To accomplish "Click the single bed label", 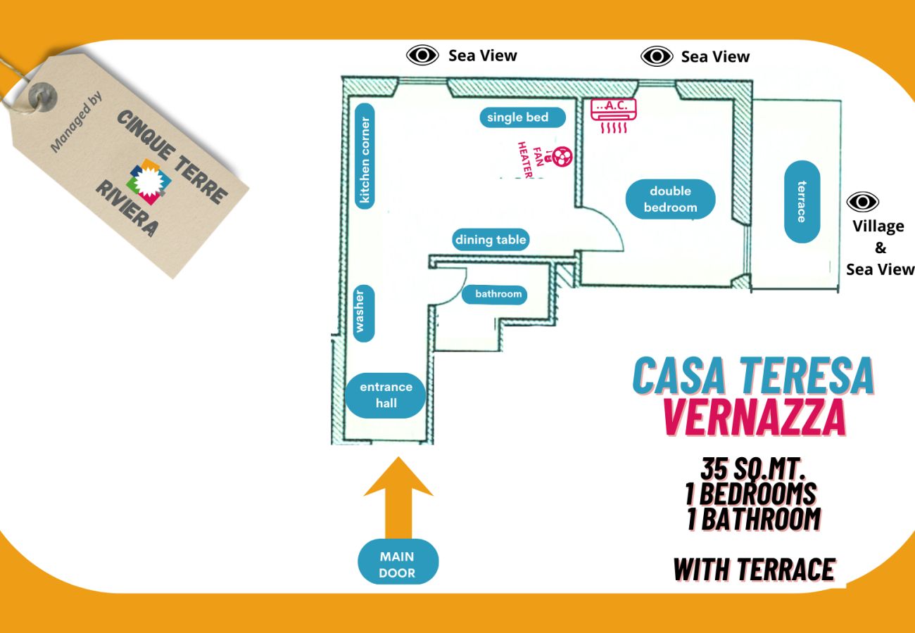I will [517, 117].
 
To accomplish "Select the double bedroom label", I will [670, 199].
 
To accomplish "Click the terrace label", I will [802, 202].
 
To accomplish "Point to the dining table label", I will [490, 240].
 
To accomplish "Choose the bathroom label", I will [498, 294].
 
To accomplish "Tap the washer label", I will [363, 313].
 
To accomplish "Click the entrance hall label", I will [386, 395].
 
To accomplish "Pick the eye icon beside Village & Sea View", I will [862, 202].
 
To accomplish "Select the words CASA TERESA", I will [753, 376].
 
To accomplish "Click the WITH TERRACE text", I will [754, 569].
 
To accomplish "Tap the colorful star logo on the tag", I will [149, 181].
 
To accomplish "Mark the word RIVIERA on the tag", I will [127, 207].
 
